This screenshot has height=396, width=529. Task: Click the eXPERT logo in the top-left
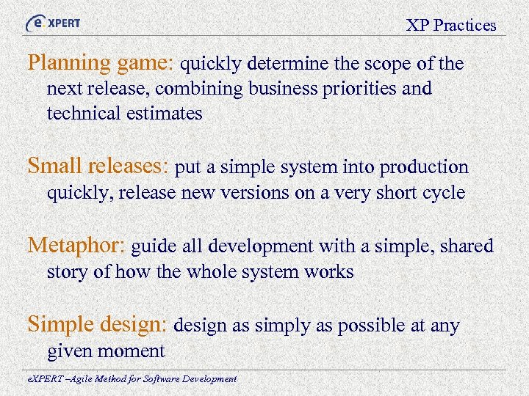(54, 23)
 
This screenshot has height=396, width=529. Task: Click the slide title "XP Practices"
(451, 26)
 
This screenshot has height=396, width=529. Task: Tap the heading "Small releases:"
(99, 167)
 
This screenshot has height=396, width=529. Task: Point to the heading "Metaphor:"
(76, 246)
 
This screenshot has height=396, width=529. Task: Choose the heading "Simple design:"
(98, 324)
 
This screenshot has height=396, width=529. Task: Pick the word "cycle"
(443, 193)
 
